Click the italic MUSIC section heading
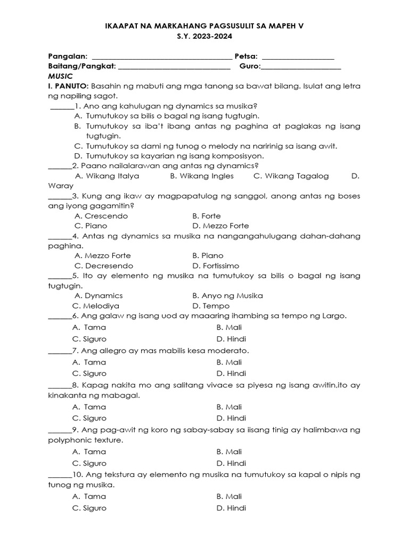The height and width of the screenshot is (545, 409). click(60, 76)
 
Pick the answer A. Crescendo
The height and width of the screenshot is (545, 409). click(101, 216)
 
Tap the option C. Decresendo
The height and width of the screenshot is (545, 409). click(104, 266)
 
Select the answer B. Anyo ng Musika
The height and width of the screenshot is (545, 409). click(227, 295)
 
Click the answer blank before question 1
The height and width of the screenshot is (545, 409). click(62, 106)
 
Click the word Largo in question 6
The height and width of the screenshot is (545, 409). click(334, 316)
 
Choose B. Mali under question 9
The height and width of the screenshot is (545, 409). click(229, 452)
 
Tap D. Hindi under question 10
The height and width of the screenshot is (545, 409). click(231, 508)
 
